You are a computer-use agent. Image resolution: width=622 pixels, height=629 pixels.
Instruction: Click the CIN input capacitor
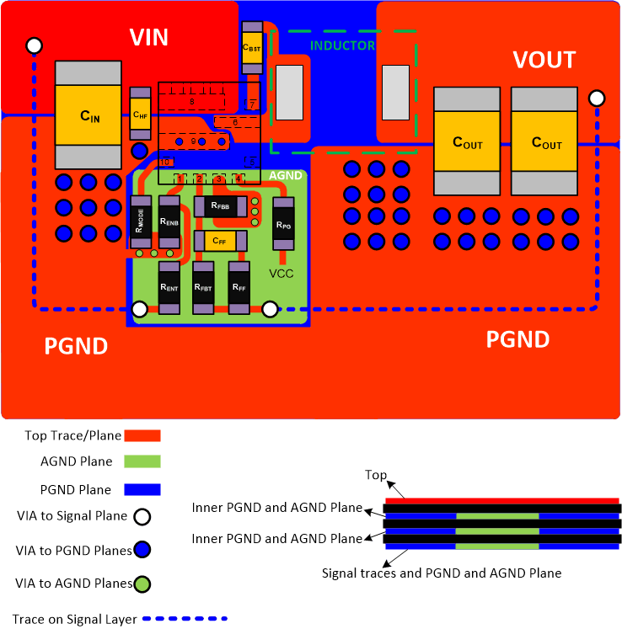89,115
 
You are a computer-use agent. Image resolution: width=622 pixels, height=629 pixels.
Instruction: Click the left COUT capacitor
468,141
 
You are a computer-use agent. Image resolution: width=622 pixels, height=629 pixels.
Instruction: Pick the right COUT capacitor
546,141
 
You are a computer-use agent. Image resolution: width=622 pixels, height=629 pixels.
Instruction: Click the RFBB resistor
222,205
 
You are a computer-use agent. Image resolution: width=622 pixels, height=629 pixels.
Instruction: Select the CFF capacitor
220,241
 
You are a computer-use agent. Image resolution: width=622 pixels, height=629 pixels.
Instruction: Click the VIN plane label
149,37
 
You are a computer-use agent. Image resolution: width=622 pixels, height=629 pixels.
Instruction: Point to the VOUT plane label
544,60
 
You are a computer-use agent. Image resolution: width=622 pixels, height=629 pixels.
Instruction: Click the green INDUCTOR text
342,45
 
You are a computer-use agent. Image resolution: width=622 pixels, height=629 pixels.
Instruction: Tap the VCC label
281,274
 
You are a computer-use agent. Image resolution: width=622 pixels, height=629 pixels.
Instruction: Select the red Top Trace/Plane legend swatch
142,435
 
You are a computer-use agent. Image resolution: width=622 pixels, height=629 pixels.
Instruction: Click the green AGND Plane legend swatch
142,461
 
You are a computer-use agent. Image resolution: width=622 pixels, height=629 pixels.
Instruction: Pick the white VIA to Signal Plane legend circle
142,516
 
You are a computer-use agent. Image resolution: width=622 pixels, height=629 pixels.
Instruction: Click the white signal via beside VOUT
598,99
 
